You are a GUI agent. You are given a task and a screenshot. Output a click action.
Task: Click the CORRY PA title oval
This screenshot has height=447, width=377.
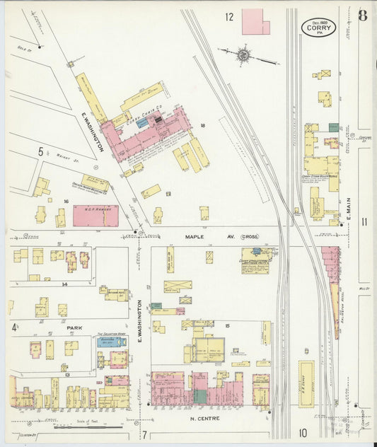point(318,27)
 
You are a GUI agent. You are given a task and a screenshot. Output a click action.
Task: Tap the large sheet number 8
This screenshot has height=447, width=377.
point(362,16)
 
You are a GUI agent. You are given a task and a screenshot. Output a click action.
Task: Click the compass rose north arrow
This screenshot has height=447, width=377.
point(243,53)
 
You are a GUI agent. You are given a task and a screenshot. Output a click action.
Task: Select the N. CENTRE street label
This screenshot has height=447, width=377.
point(204,419)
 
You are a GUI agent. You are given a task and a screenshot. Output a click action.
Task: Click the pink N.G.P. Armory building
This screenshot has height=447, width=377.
point(95,216)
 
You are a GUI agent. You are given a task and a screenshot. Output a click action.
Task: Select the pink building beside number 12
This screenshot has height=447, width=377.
point(254,22)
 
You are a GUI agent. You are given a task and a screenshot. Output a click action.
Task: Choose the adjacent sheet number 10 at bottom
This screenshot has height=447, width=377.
point(303,433)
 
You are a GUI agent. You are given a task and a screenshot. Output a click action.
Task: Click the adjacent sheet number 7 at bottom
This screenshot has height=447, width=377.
point(144,434)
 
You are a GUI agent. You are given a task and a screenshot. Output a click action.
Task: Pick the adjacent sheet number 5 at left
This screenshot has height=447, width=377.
point(41,151)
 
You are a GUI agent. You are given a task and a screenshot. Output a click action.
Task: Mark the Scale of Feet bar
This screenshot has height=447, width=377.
point(78,427)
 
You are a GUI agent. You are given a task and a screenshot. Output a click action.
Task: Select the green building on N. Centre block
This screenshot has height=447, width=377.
point(201,397)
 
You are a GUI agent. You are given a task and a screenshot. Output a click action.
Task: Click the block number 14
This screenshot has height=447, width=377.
point(64,284)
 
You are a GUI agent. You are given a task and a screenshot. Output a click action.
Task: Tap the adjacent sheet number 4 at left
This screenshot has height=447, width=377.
point(13,327)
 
